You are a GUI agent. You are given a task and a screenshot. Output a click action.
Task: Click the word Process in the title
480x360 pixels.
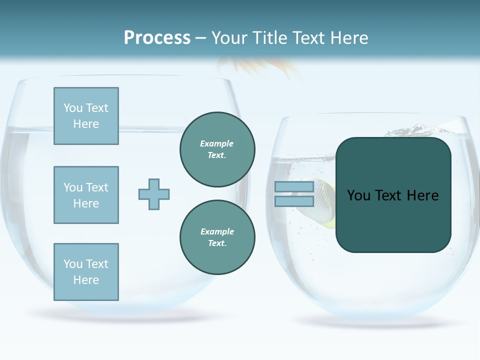tap(157, 37)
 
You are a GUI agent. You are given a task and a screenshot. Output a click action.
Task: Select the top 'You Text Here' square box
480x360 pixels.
tap(86, 116)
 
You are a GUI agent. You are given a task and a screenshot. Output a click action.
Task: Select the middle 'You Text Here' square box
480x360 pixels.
tap(86, 195)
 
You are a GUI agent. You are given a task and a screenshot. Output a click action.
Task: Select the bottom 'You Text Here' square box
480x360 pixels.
tap(86, 272)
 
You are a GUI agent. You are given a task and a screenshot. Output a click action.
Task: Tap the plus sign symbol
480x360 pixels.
tap(154, 194)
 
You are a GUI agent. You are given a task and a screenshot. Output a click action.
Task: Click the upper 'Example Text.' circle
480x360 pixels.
tap(217, 149)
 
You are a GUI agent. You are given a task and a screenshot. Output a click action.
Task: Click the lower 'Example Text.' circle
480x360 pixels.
tap(217, 237)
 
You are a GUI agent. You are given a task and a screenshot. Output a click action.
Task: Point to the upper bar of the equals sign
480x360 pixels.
tap(294, 187)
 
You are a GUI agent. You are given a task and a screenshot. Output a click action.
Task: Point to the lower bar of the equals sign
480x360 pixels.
tap(294, 201)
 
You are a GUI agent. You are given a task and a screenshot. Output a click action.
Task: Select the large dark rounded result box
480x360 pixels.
tap(393, 220)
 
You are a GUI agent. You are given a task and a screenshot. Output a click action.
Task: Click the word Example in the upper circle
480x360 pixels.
tap(216, 143)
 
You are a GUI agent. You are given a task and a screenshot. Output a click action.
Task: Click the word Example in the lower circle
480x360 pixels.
tap(217, 231)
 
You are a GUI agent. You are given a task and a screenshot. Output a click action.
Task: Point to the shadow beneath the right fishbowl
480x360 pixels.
tap(380, 322)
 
